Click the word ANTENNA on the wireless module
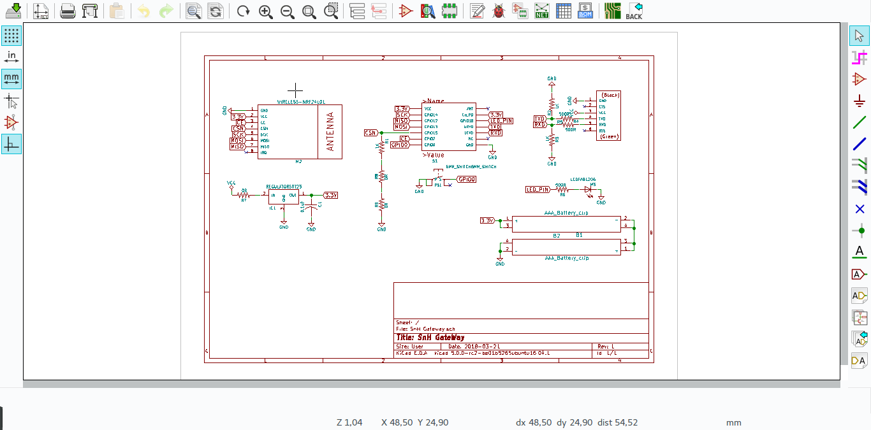tap(330, 132)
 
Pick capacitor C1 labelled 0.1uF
tap(311, 207)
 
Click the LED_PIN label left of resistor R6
tap(538, 189)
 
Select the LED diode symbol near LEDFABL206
tap(589, 189)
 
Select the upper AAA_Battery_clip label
tap(566, 213)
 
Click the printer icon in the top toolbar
tap(68, 11)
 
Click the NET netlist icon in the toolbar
tap(542, 11)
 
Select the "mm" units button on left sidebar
tap(11, 79)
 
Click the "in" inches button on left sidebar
tap(11, 57)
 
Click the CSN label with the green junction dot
tap(370, 133)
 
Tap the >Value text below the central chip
tap(434, 155)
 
